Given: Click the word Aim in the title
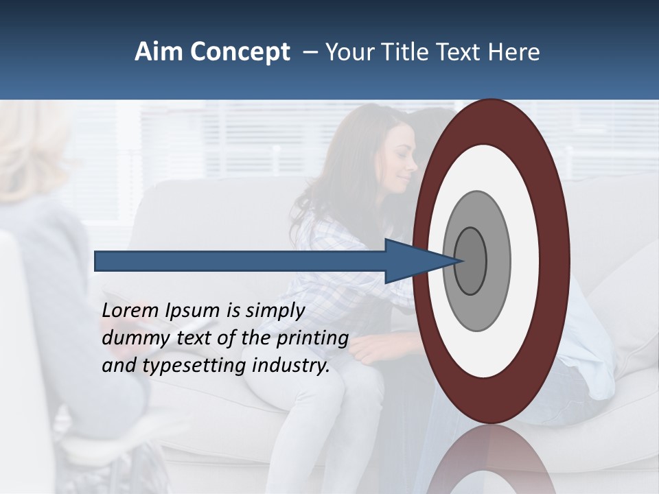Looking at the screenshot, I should [x=157, y=52].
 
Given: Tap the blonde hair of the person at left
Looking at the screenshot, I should [x=27, y=148].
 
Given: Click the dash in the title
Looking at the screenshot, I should [x=310, y=52].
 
